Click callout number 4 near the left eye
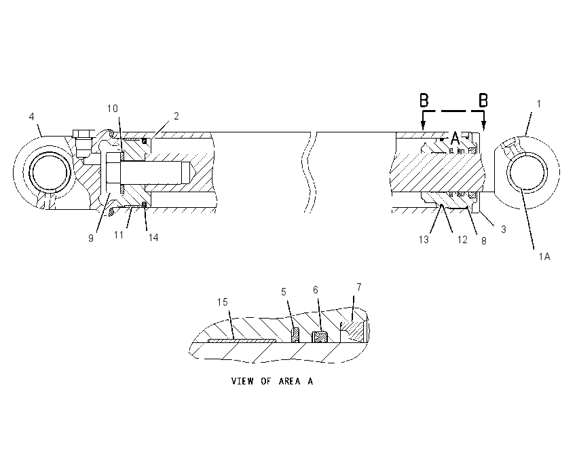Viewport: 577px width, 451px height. click(32, 117)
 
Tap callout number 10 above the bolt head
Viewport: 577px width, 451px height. click(113, 109)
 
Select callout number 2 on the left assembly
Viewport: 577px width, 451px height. click(176, 116)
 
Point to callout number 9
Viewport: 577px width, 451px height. click(91, 238)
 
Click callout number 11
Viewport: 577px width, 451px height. click(119, 234)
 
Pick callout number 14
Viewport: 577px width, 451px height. click(153, 238)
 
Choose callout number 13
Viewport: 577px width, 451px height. click(424, 240)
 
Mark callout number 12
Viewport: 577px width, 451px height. click(462, 240)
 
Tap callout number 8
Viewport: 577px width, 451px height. click(484, 240)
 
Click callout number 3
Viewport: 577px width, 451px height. click(504, 230)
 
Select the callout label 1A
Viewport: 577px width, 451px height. click(544, 257)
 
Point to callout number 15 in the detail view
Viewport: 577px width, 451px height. click(223, 302)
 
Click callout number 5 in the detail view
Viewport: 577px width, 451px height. click(283, 292)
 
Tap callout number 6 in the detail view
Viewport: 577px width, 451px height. click(316, 290)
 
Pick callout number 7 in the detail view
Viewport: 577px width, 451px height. click(359, 287)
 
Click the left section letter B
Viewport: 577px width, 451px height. click(424, 100)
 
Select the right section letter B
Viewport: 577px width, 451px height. click(483, 100)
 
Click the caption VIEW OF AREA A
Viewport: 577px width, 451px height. click(272, 381)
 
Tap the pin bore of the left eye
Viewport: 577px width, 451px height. click(50, 173)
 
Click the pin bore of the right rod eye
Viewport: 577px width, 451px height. click(527, 173)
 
